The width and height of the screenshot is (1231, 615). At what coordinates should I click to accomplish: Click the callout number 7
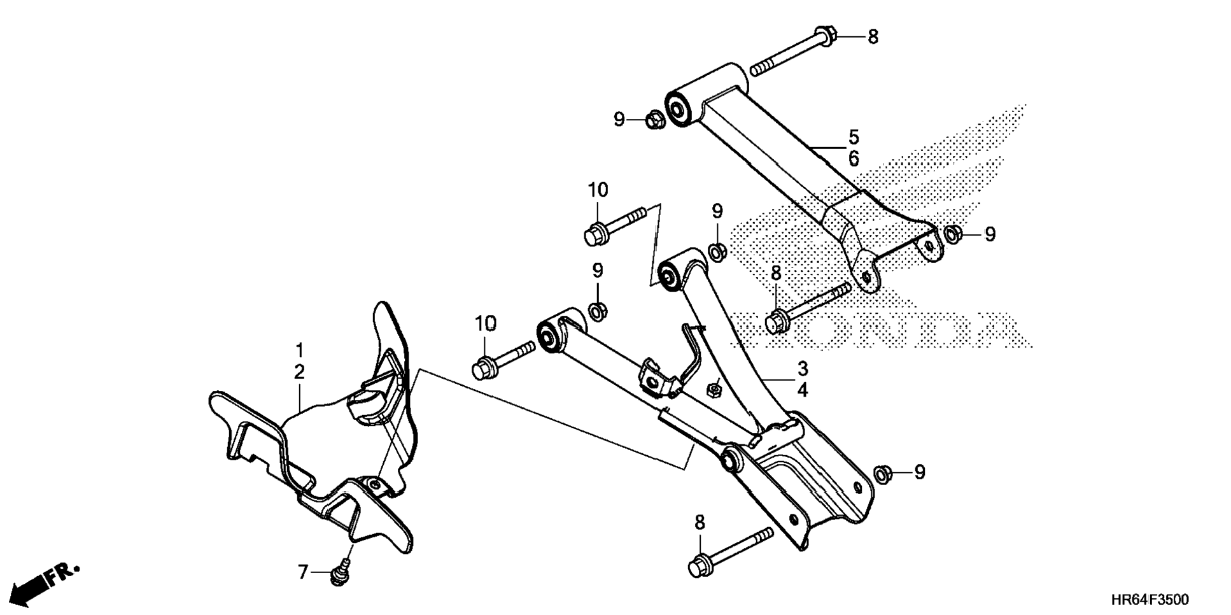coord(303,572)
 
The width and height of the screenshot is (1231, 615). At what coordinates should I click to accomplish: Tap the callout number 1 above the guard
coord(299,351)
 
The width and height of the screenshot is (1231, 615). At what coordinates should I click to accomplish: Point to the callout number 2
coord(299,372)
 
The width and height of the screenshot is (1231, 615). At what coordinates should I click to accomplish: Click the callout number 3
coord(803,369)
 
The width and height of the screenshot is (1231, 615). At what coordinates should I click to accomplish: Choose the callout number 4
coord(803,390)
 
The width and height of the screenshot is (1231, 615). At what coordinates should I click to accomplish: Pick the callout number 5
coord(854,137)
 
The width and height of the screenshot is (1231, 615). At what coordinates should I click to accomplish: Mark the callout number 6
coord(854,159)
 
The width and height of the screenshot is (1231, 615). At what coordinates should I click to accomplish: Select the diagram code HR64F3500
coord(1150,600)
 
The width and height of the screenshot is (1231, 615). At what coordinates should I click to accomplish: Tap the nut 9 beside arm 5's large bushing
coord(654,119)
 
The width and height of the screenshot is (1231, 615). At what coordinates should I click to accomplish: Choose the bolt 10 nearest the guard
coord(503,360)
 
